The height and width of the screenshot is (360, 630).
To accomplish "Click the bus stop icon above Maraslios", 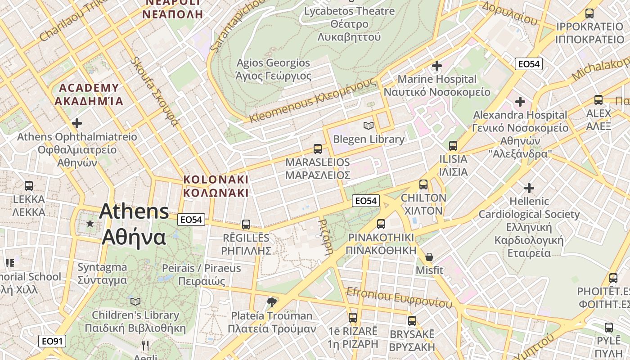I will [x=318, y=148].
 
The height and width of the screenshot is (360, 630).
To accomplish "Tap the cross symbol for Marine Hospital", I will [x=436, y=66].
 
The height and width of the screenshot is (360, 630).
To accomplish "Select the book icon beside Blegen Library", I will [x=369, y=126].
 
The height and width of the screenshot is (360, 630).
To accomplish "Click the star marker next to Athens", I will [x=90, y=223].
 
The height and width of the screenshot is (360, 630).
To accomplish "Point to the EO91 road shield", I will [x=52, y=341].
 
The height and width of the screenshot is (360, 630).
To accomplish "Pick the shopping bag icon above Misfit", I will [x=429, y=257].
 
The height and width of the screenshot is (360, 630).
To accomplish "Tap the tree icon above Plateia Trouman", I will [x=271, y=302].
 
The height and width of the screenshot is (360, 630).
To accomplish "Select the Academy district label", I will [x=89, y=94].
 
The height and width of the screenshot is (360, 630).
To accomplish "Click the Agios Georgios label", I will [x=273, y=69].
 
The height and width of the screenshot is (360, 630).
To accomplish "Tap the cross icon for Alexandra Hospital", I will [x=520, y=102].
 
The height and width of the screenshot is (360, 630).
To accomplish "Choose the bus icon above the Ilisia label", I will [x=453, y=145].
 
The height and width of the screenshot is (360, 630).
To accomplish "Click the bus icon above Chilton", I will [x=423, y=184].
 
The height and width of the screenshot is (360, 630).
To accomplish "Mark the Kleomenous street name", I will [x=313, y=101].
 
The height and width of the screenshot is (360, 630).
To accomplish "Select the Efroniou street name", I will [x=399, y=297].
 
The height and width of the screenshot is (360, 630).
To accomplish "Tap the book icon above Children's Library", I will [x=135, y=301].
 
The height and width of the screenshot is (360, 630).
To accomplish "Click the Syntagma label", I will [x=102, y=274].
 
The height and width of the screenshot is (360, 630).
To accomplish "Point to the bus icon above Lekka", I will [x=29, y=185].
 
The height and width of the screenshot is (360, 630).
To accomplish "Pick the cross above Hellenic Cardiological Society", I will [x=529, y=188].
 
